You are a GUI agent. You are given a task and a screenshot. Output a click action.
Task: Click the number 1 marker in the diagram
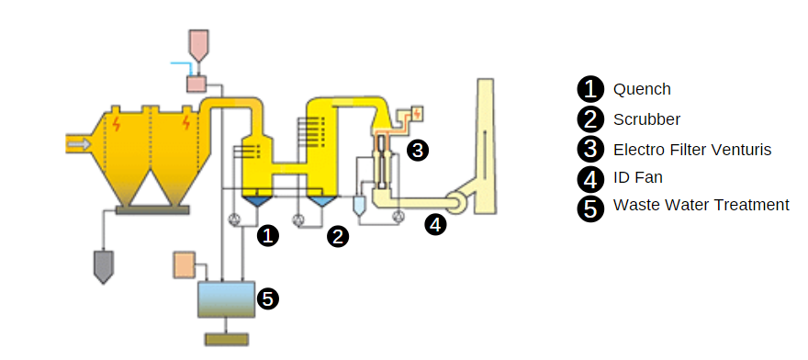click(x=267, y=236)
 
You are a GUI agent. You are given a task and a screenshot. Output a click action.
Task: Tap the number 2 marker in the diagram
click(x=338, y=237)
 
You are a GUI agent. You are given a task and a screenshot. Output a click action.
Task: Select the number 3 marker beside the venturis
click(x=418, y=151)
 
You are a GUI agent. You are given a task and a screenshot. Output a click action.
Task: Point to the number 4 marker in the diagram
click(x=435, y=225)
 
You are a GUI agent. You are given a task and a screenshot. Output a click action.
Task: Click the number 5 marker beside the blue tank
click(x=268, y=298)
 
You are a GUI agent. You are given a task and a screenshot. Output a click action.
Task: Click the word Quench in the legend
click(x=642, y=89)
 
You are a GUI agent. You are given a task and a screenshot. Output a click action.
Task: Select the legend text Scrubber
click(x=646, y=119)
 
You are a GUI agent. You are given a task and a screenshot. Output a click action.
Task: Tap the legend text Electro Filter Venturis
click(x=692, y=150)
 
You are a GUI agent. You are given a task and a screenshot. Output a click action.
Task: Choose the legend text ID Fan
click(x=637, y=177)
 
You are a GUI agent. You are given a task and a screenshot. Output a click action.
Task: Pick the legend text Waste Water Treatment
click(x=701, y=205)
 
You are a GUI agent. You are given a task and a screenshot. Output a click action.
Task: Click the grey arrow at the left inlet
click(x=79, y=144)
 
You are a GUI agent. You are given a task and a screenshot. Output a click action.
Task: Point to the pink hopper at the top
click(x=199, y=44)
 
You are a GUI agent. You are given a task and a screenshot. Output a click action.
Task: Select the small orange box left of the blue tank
click(x=184, y=264)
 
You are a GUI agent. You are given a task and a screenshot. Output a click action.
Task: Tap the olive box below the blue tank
click(x=226, y=340)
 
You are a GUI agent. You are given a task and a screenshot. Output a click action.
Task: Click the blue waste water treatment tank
click(x=226, y=299)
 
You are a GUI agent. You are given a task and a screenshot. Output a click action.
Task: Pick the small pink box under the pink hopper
click(x=196, y=83)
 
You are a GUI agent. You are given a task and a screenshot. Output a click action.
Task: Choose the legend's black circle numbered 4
click(x=590, y=179)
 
